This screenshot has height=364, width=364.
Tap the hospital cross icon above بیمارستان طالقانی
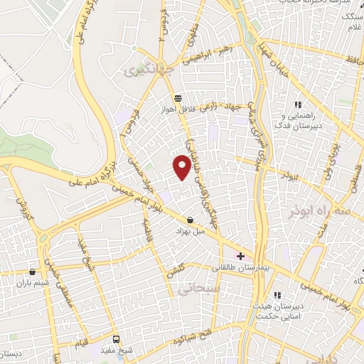241,256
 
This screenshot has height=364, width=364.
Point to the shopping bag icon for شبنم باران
33,272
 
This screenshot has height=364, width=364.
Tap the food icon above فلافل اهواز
176,99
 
